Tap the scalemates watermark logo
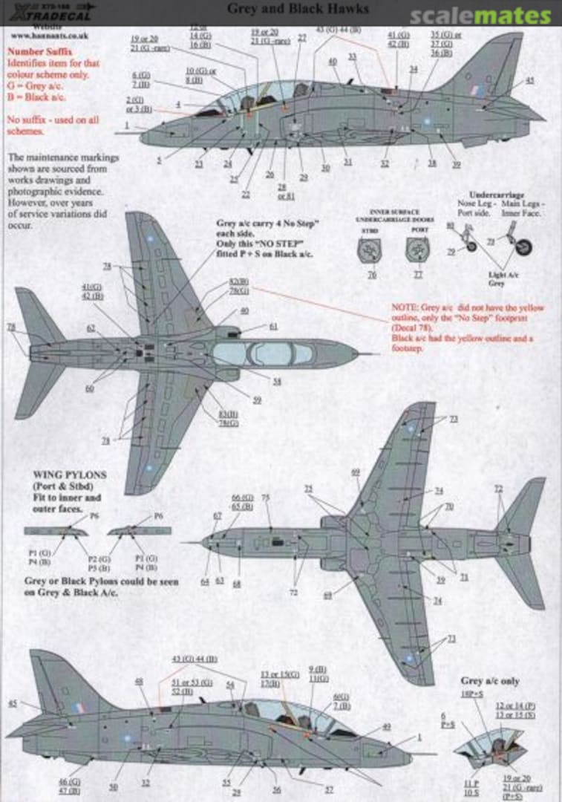pos(481,16)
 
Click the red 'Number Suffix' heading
pos(36,53)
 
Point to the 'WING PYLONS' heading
pos(69,474)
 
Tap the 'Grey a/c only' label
pos(489,681)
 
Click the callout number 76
pos(371,274)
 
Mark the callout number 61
pos(274,326)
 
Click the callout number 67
pos(218,515)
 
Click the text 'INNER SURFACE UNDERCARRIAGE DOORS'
pos(394,216)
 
